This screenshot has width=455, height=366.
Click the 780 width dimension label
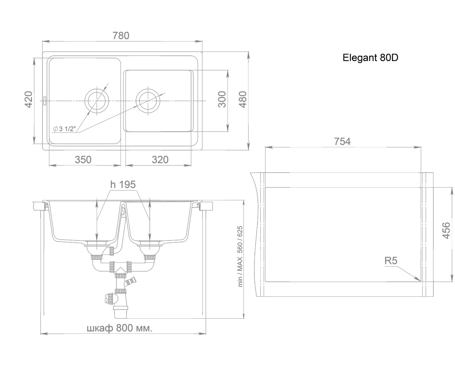point(121,36)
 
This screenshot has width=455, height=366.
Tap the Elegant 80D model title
point(370,58)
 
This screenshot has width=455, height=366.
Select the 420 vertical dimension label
point(28,99)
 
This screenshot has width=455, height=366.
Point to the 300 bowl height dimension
point(222,99)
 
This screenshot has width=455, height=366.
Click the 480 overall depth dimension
point(243,99)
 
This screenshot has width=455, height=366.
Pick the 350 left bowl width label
point(83,160)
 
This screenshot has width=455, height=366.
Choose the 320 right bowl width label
point(160,160)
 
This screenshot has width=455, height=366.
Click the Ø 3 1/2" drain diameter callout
point(64,129)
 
